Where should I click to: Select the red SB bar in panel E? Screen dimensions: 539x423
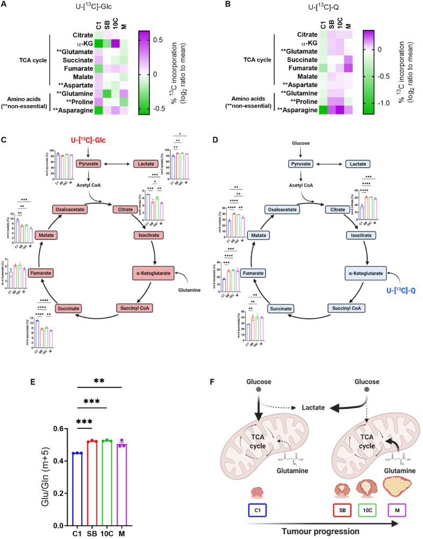click(x=92, y=482)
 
